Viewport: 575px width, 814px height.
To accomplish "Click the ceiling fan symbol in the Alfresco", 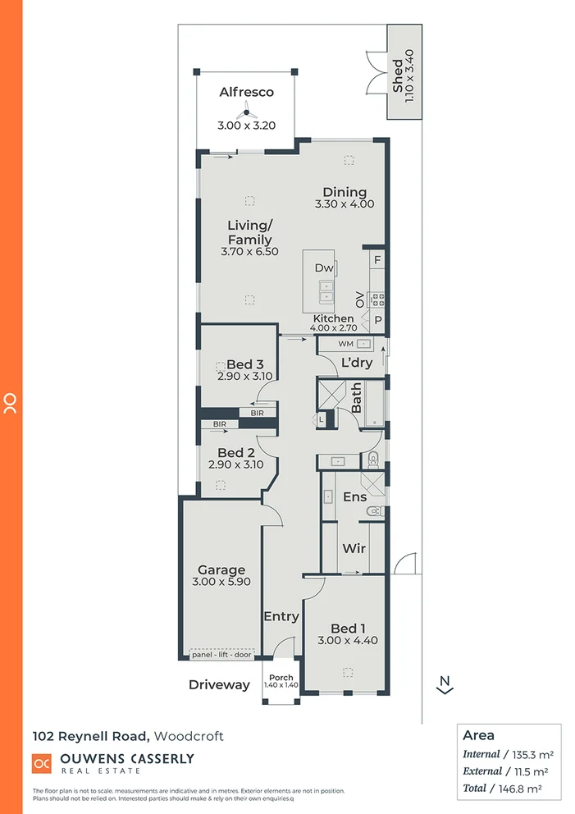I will click(x=245, y=114).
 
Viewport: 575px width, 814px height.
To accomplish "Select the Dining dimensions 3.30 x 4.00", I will click(x=344, y=203).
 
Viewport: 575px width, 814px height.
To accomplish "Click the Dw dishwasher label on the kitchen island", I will click(x=323, y=268).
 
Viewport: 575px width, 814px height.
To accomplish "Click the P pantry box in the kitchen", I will click(x=377, y=321).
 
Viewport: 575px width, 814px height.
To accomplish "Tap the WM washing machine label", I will click(x=345, y=343).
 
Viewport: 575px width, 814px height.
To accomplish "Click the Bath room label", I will click(x=357, y=400).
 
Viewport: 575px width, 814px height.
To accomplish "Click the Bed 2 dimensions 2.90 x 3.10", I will click(x=235, y=464).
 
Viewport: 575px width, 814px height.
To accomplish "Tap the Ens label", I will click(x=354, y=496).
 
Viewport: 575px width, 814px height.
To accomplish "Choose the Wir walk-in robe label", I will click(x=354, y=548).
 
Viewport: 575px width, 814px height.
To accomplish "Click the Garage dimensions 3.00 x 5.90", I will click(x=221, y=582).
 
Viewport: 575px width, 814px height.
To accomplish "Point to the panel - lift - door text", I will click(x=221, y=654).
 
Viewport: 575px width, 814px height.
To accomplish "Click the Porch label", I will click(x=281, y=678).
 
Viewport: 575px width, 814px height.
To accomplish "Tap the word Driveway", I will click(x=219, y=684).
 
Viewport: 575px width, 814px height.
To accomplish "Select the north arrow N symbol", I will click(x=445, y=684).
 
